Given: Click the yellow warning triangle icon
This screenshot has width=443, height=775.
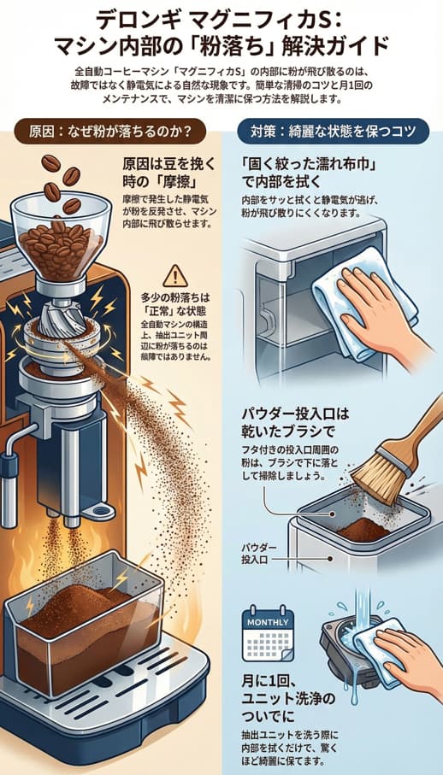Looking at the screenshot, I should pyautogui.click(x=175, y=274).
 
